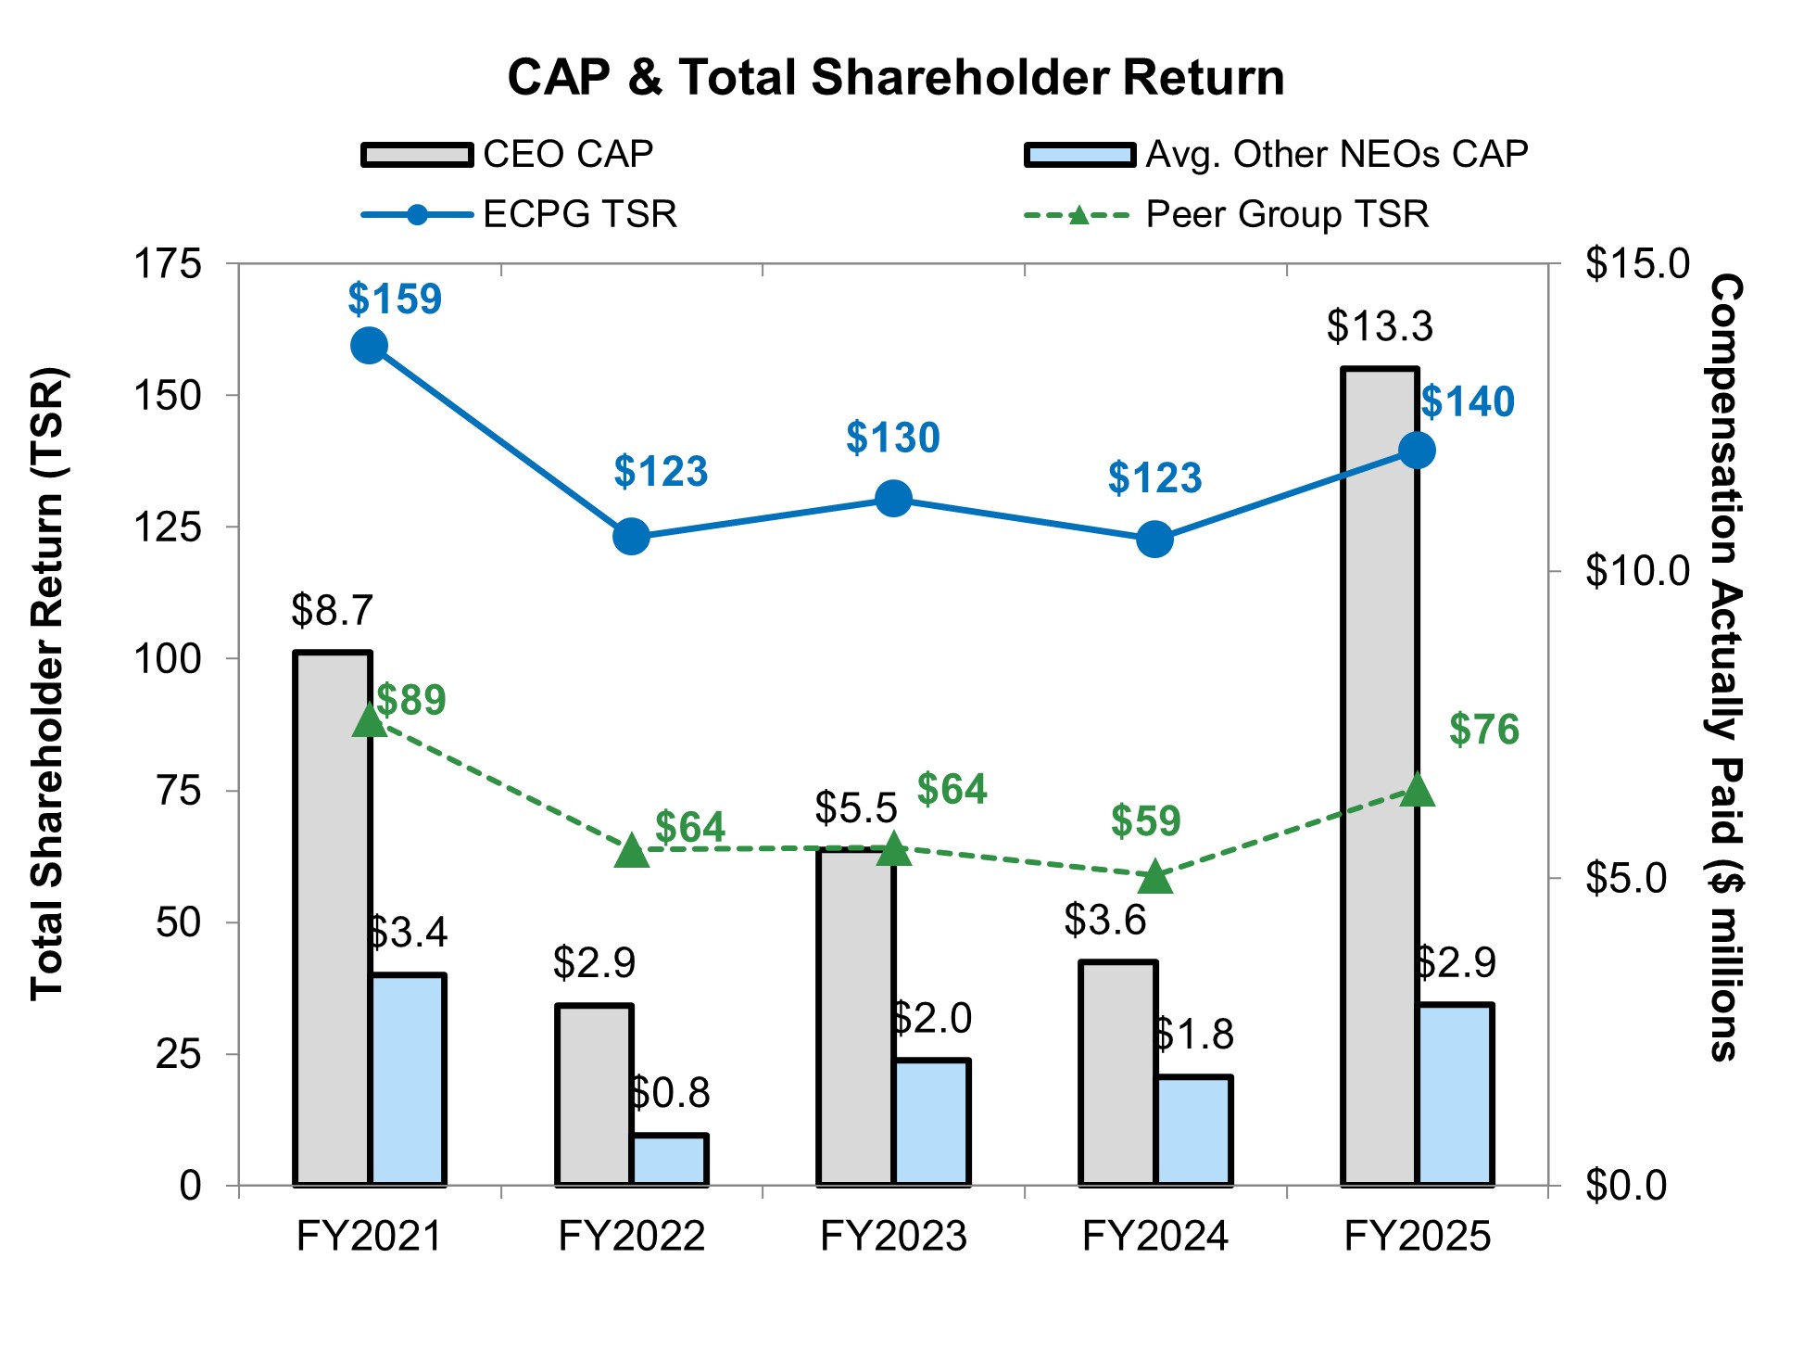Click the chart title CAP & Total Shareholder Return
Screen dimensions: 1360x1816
(895, 77)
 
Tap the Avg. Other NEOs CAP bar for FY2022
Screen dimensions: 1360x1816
(670, 1160)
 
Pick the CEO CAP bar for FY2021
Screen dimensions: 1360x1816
(332, 918)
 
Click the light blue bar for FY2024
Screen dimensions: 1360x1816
(1193, 1130)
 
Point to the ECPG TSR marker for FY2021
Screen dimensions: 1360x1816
(370, 346)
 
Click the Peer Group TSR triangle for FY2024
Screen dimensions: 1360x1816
(1155, 876)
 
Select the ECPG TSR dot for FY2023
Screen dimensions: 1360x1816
(893, 499)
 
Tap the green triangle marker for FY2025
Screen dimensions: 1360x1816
(1417, 790)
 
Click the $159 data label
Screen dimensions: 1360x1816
(395, 299)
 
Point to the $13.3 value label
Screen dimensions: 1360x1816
(1380, 326)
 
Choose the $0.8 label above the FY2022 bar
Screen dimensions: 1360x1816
(669, 1093)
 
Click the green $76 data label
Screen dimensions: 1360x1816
(1484, 730)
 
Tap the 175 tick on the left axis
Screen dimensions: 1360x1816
(168, 264)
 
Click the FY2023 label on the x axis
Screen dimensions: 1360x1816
(893, 1236)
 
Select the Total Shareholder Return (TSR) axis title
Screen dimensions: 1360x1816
(47, 684)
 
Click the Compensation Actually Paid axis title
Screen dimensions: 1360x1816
(1725, 667)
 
